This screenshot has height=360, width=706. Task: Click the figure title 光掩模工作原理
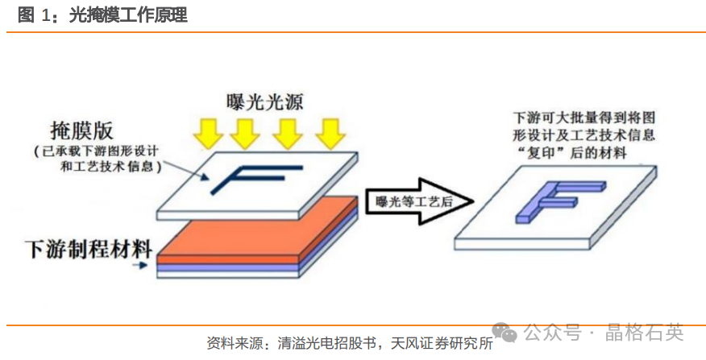point(129,14)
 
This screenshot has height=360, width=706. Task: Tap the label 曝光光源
point(268,101)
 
